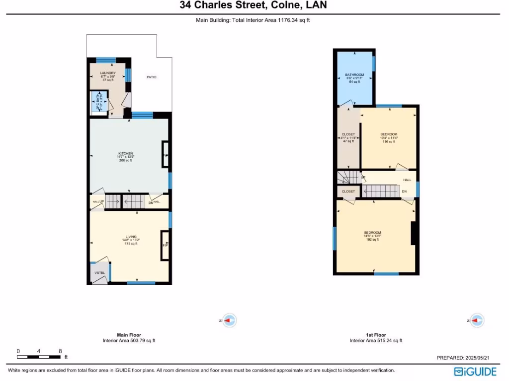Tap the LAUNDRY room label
coord(108,73)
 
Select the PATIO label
coord(152,77)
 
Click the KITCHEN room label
coord(125,153)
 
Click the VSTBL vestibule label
coord(99,272)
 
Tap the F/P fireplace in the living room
coord(165,246)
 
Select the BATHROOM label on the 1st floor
coord(355,75)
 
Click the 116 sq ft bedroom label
coord(389,138)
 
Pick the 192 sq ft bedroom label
coord(372,236)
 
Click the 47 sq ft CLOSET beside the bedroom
coord(348,137)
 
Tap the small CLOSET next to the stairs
coord(348,191)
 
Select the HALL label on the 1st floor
coord(407,180)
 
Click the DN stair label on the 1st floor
coord(404,191)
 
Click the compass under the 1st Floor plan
coord(477,321)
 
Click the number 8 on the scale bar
coord(61,351)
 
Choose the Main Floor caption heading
coord(129,335)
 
